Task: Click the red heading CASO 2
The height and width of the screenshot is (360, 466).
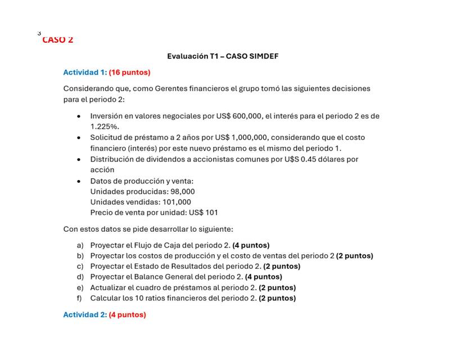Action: click(57, 40)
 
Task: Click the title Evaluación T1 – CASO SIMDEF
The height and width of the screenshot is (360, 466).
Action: click(223, 56)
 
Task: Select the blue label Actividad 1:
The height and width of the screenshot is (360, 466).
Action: click(85, 73)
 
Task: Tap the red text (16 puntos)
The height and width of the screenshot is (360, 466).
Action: click(130, 73)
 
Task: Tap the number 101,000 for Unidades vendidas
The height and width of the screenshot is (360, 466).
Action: click(177, 202)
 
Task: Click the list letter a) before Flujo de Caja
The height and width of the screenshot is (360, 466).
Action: click(80, 245)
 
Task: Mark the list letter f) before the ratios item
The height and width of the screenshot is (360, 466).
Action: click(80, 298)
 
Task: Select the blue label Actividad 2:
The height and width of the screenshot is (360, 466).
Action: click(85, 315)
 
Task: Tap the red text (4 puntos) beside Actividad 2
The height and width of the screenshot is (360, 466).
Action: click(128, 315)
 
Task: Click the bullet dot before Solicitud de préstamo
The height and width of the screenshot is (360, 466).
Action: click(79, 138)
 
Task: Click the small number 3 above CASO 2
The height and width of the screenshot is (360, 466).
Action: click(39, 33)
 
